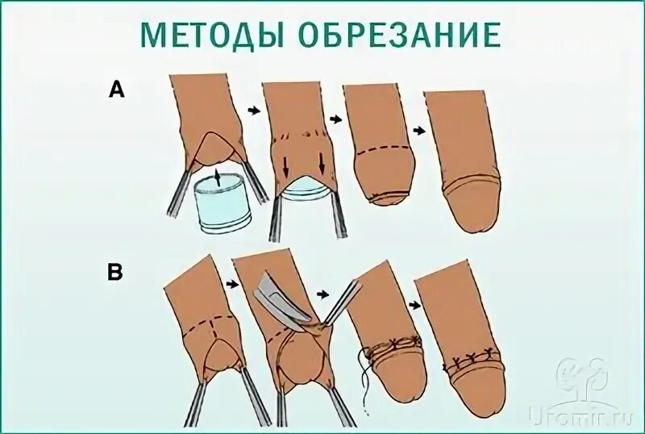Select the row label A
(117, 91)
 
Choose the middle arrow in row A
(331, 118)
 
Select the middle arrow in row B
(326, 294)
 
